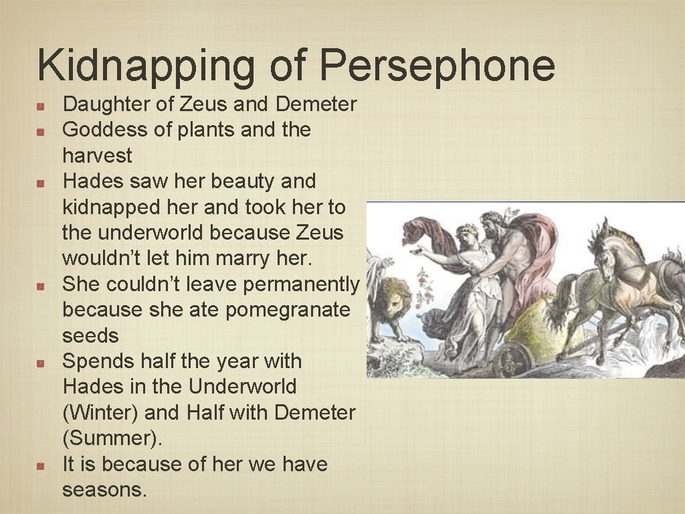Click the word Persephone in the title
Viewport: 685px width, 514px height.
click(437, 66)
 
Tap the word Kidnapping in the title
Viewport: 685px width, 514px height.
click(146, 66)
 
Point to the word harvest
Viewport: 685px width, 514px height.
click(97, 156)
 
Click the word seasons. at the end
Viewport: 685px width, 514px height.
click(104, 490)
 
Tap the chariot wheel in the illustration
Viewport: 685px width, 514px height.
click(512, 360)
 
